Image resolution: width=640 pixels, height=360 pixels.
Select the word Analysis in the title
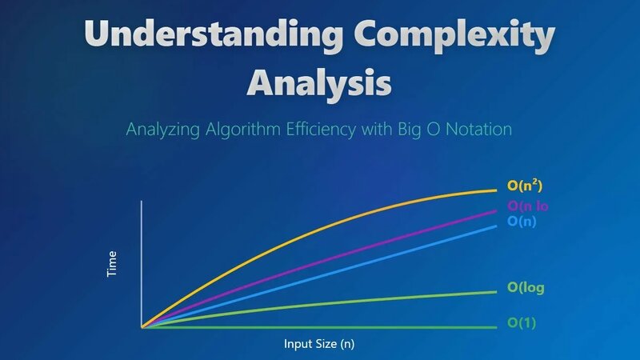point(320,82)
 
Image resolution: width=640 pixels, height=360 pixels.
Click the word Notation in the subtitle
point(478,128)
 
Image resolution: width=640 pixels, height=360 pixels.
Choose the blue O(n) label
point(522,222)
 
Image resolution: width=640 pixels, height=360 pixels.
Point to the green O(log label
point(526,288)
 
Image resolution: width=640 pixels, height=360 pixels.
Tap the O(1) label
point(522,324)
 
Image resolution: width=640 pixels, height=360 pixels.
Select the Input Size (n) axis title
point(319,345)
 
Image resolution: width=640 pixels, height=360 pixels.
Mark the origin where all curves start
point(142,327)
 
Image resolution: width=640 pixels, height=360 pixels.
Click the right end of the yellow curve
point(496,190)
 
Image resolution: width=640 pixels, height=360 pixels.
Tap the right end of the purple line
point(496,210)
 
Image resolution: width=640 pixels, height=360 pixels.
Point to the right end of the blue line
point(496,226)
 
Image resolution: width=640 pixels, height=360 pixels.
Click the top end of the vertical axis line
point(142,202)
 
